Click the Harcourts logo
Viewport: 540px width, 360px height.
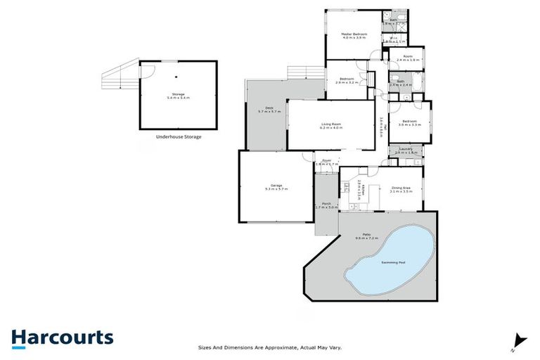point(62,337)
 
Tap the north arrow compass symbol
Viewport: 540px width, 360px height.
point(520,340)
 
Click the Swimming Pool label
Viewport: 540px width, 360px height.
point(394,262)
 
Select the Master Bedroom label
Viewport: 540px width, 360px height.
point(355,35)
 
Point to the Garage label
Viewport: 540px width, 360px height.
point(275,187)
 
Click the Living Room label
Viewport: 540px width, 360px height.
point(330,126)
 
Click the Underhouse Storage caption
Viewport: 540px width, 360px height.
point(179,136)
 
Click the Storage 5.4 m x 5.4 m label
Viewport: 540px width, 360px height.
point(178,96)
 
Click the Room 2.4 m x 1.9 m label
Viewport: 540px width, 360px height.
point(408,58)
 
